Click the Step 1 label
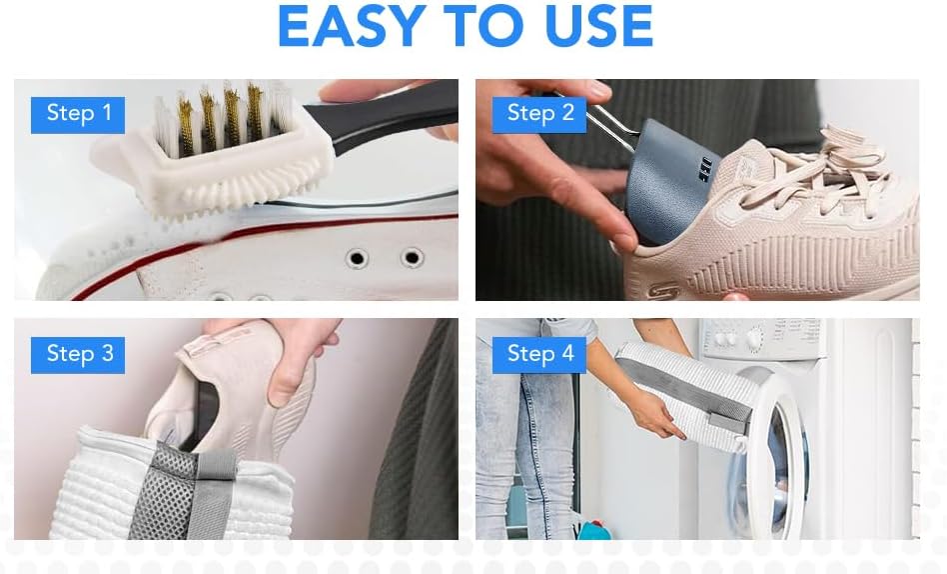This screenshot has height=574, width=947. click(78, 115)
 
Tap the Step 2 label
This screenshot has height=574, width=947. click(539, 115)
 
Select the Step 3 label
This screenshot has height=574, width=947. click(78, 355)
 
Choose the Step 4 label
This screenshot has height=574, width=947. click(539, 355)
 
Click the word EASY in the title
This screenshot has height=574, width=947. click(352, 26)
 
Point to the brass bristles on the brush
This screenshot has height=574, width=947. click(221, 118)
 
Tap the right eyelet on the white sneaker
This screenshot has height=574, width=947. click(412, 258)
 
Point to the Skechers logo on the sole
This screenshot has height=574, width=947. click(662, 292)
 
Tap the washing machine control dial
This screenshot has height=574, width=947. click(754, 339)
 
